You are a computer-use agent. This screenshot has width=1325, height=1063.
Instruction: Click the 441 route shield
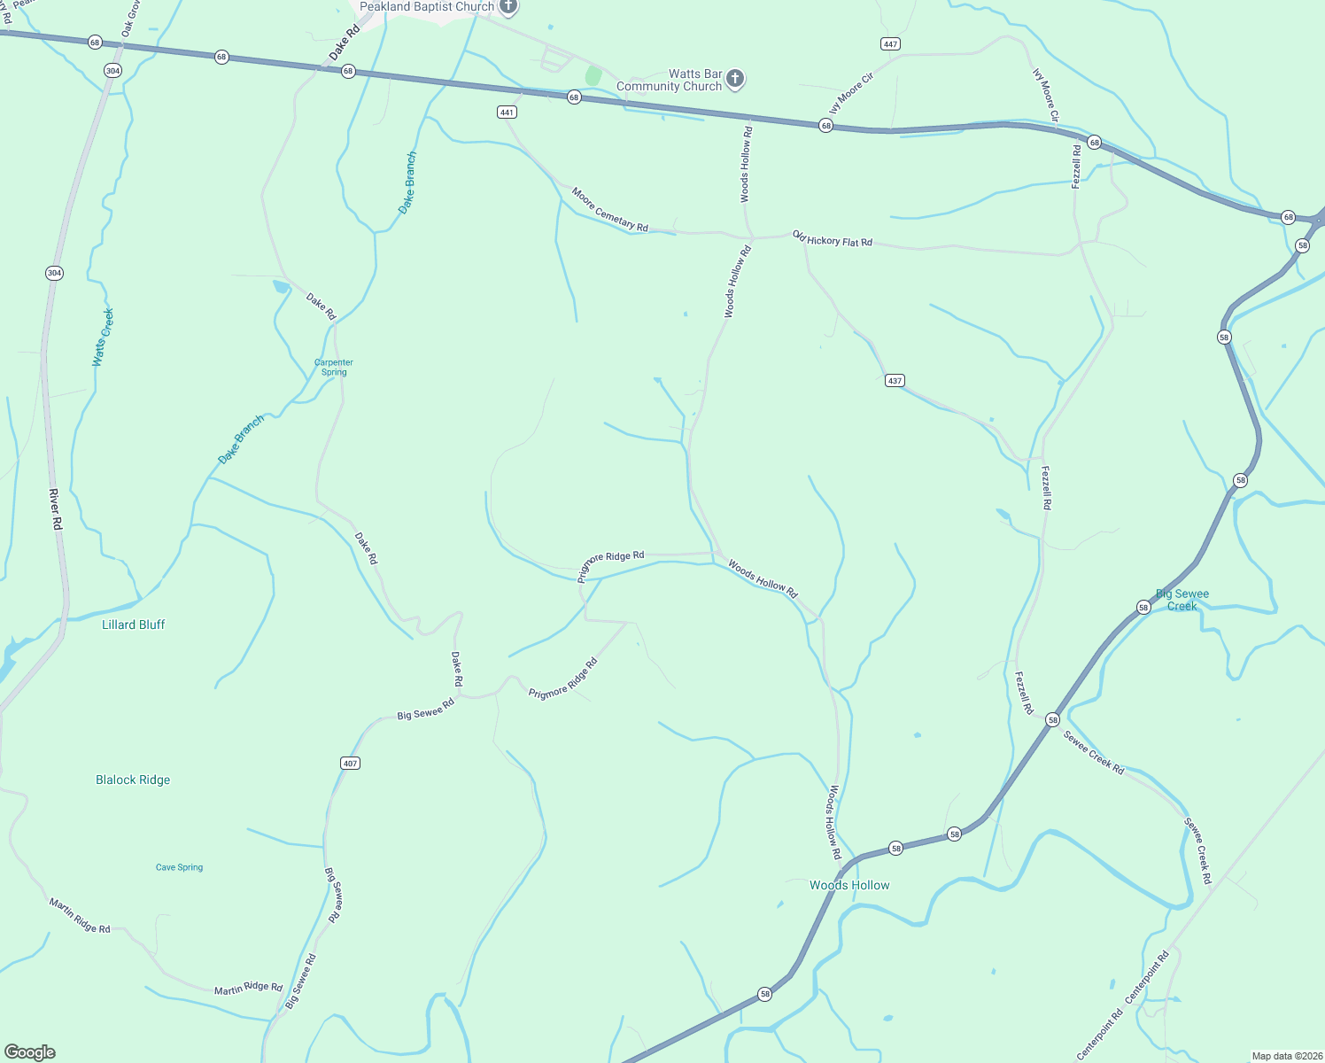[507, 113]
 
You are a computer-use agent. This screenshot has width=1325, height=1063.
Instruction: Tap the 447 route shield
[890, 44]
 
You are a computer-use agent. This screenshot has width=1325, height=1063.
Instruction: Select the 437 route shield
[895, 381]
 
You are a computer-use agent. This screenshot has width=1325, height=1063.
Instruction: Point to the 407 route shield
[351, 764]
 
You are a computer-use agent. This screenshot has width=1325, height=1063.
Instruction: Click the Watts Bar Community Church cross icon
[734, 80]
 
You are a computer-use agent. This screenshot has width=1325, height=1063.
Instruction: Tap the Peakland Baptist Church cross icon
[508, 7]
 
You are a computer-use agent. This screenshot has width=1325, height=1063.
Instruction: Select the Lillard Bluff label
[134, 625]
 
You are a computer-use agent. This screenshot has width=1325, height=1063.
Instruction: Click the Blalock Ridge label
[133, 780]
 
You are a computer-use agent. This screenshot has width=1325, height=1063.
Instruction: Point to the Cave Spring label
[179, 867]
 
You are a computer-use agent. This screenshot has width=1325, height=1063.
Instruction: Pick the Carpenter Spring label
[334, 367]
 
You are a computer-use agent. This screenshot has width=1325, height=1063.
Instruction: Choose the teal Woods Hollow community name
[849, 885]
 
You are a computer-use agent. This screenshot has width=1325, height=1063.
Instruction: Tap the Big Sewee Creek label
[1182, 600]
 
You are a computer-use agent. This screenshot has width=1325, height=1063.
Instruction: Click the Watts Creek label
[104, 338]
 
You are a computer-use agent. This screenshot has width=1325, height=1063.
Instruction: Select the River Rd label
[56, 509]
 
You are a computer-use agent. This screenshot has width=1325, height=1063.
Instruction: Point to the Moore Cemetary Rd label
[609, 210]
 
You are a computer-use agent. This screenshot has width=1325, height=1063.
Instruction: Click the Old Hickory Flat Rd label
[833, 238]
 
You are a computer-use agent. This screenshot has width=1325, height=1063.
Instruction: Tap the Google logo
[30, 1052]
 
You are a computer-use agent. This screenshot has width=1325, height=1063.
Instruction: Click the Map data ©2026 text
[1285, 1056]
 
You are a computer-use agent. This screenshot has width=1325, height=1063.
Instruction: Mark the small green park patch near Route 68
[593, 76]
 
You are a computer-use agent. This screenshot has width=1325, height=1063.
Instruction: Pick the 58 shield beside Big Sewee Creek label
[1143, 608]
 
